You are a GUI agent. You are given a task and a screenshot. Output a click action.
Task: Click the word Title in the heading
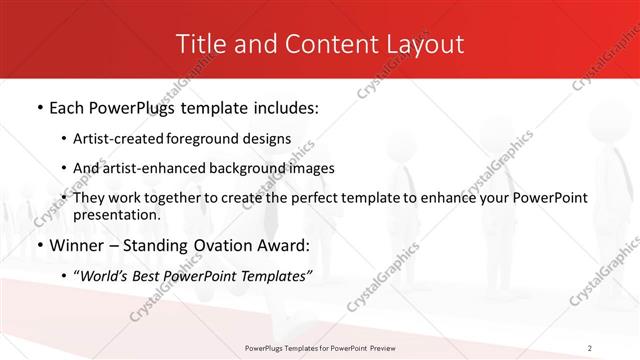point(199,44)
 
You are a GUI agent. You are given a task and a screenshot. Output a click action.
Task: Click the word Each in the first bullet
point(69,108)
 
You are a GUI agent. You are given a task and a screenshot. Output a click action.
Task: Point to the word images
point(312,168)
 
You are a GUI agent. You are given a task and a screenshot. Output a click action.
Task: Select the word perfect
point(320,198)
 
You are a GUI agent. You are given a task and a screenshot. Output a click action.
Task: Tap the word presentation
point(116,214)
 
